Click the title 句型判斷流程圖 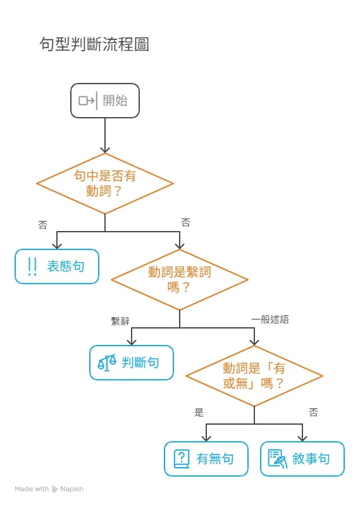pos(94,44)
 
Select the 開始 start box pos(104,101)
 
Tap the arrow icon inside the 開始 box pos(86,101)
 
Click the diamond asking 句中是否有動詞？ pos(105,184)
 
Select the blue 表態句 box pos(57,266)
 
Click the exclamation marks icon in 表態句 pos(32,266)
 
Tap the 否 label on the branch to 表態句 pos(42,225)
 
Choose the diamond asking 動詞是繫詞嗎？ pos(180,279)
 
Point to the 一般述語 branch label pos(270,320)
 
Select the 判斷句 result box pos(132,362)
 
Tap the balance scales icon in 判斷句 pos(107,363)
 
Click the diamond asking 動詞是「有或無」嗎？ pos(254,375)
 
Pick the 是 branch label pos(199,413)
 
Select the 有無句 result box pos(206,458)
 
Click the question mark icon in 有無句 pos(182,458)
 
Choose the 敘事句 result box pos(302,458)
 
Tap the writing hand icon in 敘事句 pos(276,458)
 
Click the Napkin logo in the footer pos(56,489)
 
